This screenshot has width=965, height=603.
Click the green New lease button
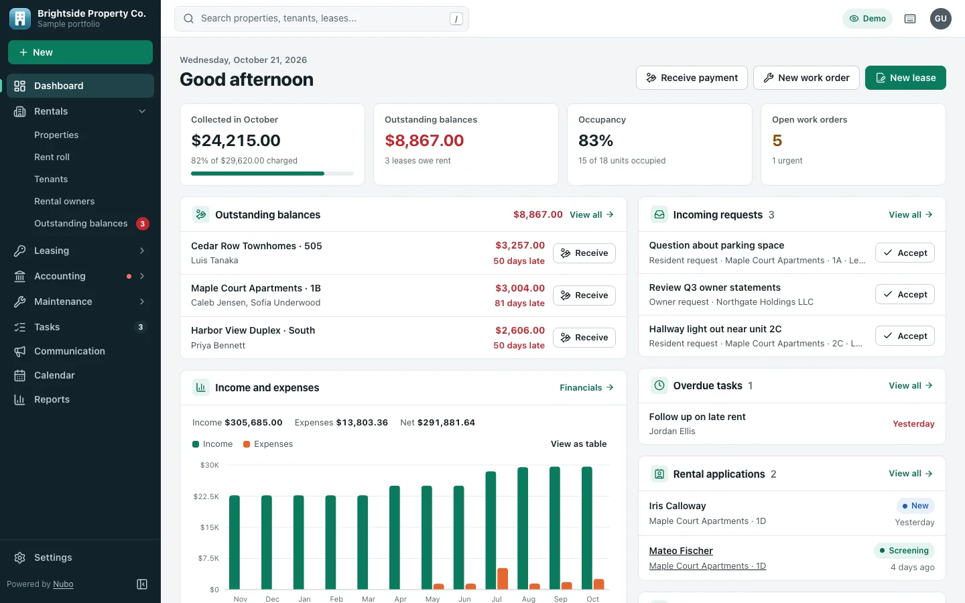[x=905, y=78]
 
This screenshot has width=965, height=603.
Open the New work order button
[x=806, y=78]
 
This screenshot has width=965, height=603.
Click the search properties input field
[x=322, y=19]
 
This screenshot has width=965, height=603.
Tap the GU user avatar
[x=940, y=19]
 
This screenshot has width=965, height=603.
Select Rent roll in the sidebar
[x=52, y=157]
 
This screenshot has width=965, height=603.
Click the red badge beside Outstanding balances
[x=143, y=224]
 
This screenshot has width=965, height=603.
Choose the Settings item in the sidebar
[x=53, y=557]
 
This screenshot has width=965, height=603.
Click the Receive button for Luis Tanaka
[x=584, y=253]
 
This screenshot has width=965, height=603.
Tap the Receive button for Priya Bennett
[x=584, y=337]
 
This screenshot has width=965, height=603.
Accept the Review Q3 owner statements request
[x=905, y=294]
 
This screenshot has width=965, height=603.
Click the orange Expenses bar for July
[x=503, y=578]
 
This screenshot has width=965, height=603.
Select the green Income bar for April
[x=395, y=537]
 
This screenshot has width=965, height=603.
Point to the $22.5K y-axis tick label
[x=206, y=496]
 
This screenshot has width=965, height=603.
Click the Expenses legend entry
[x=268, y=444]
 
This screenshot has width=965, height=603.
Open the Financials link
[x=586, y=388]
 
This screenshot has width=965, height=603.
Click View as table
[x=578, y=444]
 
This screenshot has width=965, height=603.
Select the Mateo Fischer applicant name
[x=681, y=551]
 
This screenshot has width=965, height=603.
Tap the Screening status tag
[x=904, y=551]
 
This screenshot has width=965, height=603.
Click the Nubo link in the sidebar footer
[x=63, y=584]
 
